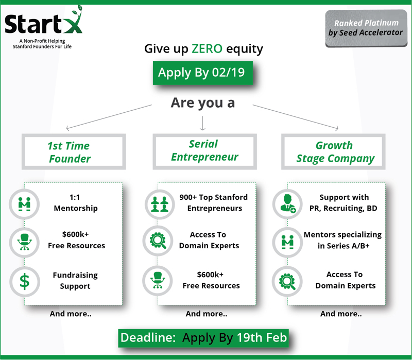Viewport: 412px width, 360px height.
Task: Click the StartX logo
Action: pyautogui.click(x=43, y=22)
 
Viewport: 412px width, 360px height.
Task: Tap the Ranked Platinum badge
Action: pyautogui.click(x=366, y=28)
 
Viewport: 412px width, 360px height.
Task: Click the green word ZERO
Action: pyautogui.click(x=207, y=49)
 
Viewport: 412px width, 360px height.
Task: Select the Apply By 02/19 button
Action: pyautogui.click(x=203, y=73)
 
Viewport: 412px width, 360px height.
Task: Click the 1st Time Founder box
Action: pyautogui.click(x=74, y=135)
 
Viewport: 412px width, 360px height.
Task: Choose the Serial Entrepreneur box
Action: pyautogui.click(x=204, y=135)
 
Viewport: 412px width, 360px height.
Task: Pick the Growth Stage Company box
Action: pyautogui.click(x=333, y=135)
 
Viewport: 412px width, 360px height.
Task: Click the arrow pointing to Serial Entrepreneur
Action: pyautogui.click(x=202, y=123)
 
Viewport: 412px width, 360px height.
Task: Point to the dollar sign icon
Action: pyautogui.click(x=25, y=281)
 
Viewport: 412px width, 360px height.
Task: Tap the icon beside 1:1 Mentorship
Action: pyautogui.click(x=24, y=204)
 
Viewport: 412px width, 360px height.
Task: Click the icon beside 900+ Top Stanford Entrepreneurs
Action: pyautogui.click(x=160, y=204)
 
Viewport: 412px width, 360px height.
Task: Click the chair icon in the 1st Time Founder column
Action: pyautogui.click(x=24, y=242)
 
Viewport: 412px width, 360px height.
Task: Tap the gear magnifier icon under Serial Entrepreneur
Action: pyautogui.click(x=158, y=241)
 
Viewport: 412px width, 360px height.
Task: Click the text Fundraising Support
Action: pyautogui.click(x=75, y=280)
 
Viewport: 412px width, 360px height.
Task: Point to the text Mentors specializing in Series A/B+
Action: pyautogui.click(x=343, y=240)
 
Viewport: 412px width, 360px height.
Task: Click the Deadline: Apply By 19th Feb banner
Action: pyautogui.click(x=203, y=338)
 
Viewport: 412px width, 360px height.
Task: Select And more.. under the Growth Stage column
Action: pyautogui.click(x=341, y=314)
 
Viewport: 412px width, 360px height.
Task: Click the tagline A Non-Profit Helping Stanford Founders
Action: pyautogui.click(x=42, y=44)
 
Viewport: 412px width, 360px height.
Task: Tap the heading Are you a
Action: pyautogui.click(x=203, y=102)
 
